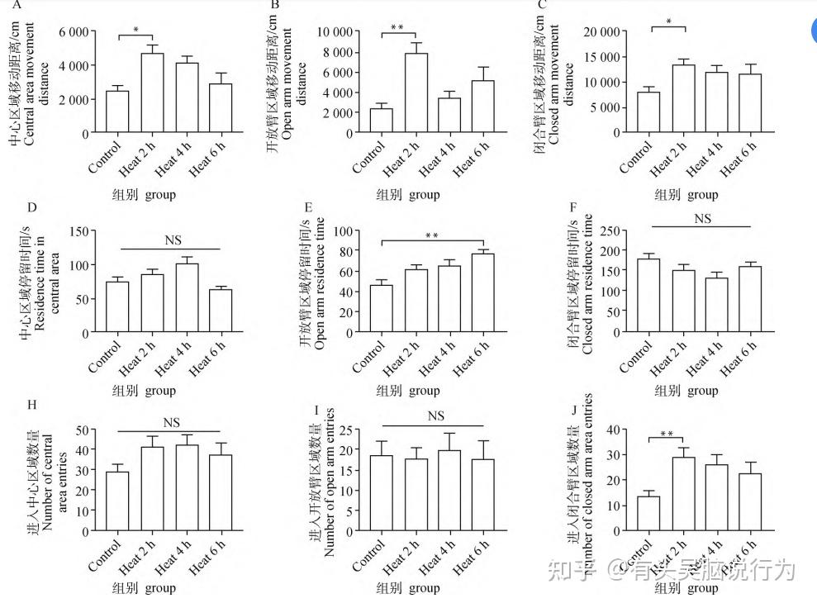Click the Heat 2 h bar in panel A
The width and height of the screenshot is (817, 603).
click(x=152, y=93)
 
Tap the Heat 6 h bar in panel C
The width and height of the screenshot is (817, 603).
click(x=750, y=103)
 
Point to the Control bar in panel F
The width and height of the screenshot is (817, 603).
click(x=648, y=296)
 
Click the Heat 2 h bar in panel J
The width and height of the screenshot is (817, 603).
click(x=683, y=493)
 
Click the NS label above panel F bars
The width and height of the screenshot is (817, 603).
click(x=702, y=219)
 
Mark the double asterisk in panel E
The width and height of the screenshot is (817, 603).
click(x=431, y=236)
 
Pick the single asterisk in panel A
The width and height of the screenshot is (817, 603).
click(x=136, y=30)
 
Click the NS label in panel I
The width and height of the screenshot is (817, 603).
click(x=436, y=416)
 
